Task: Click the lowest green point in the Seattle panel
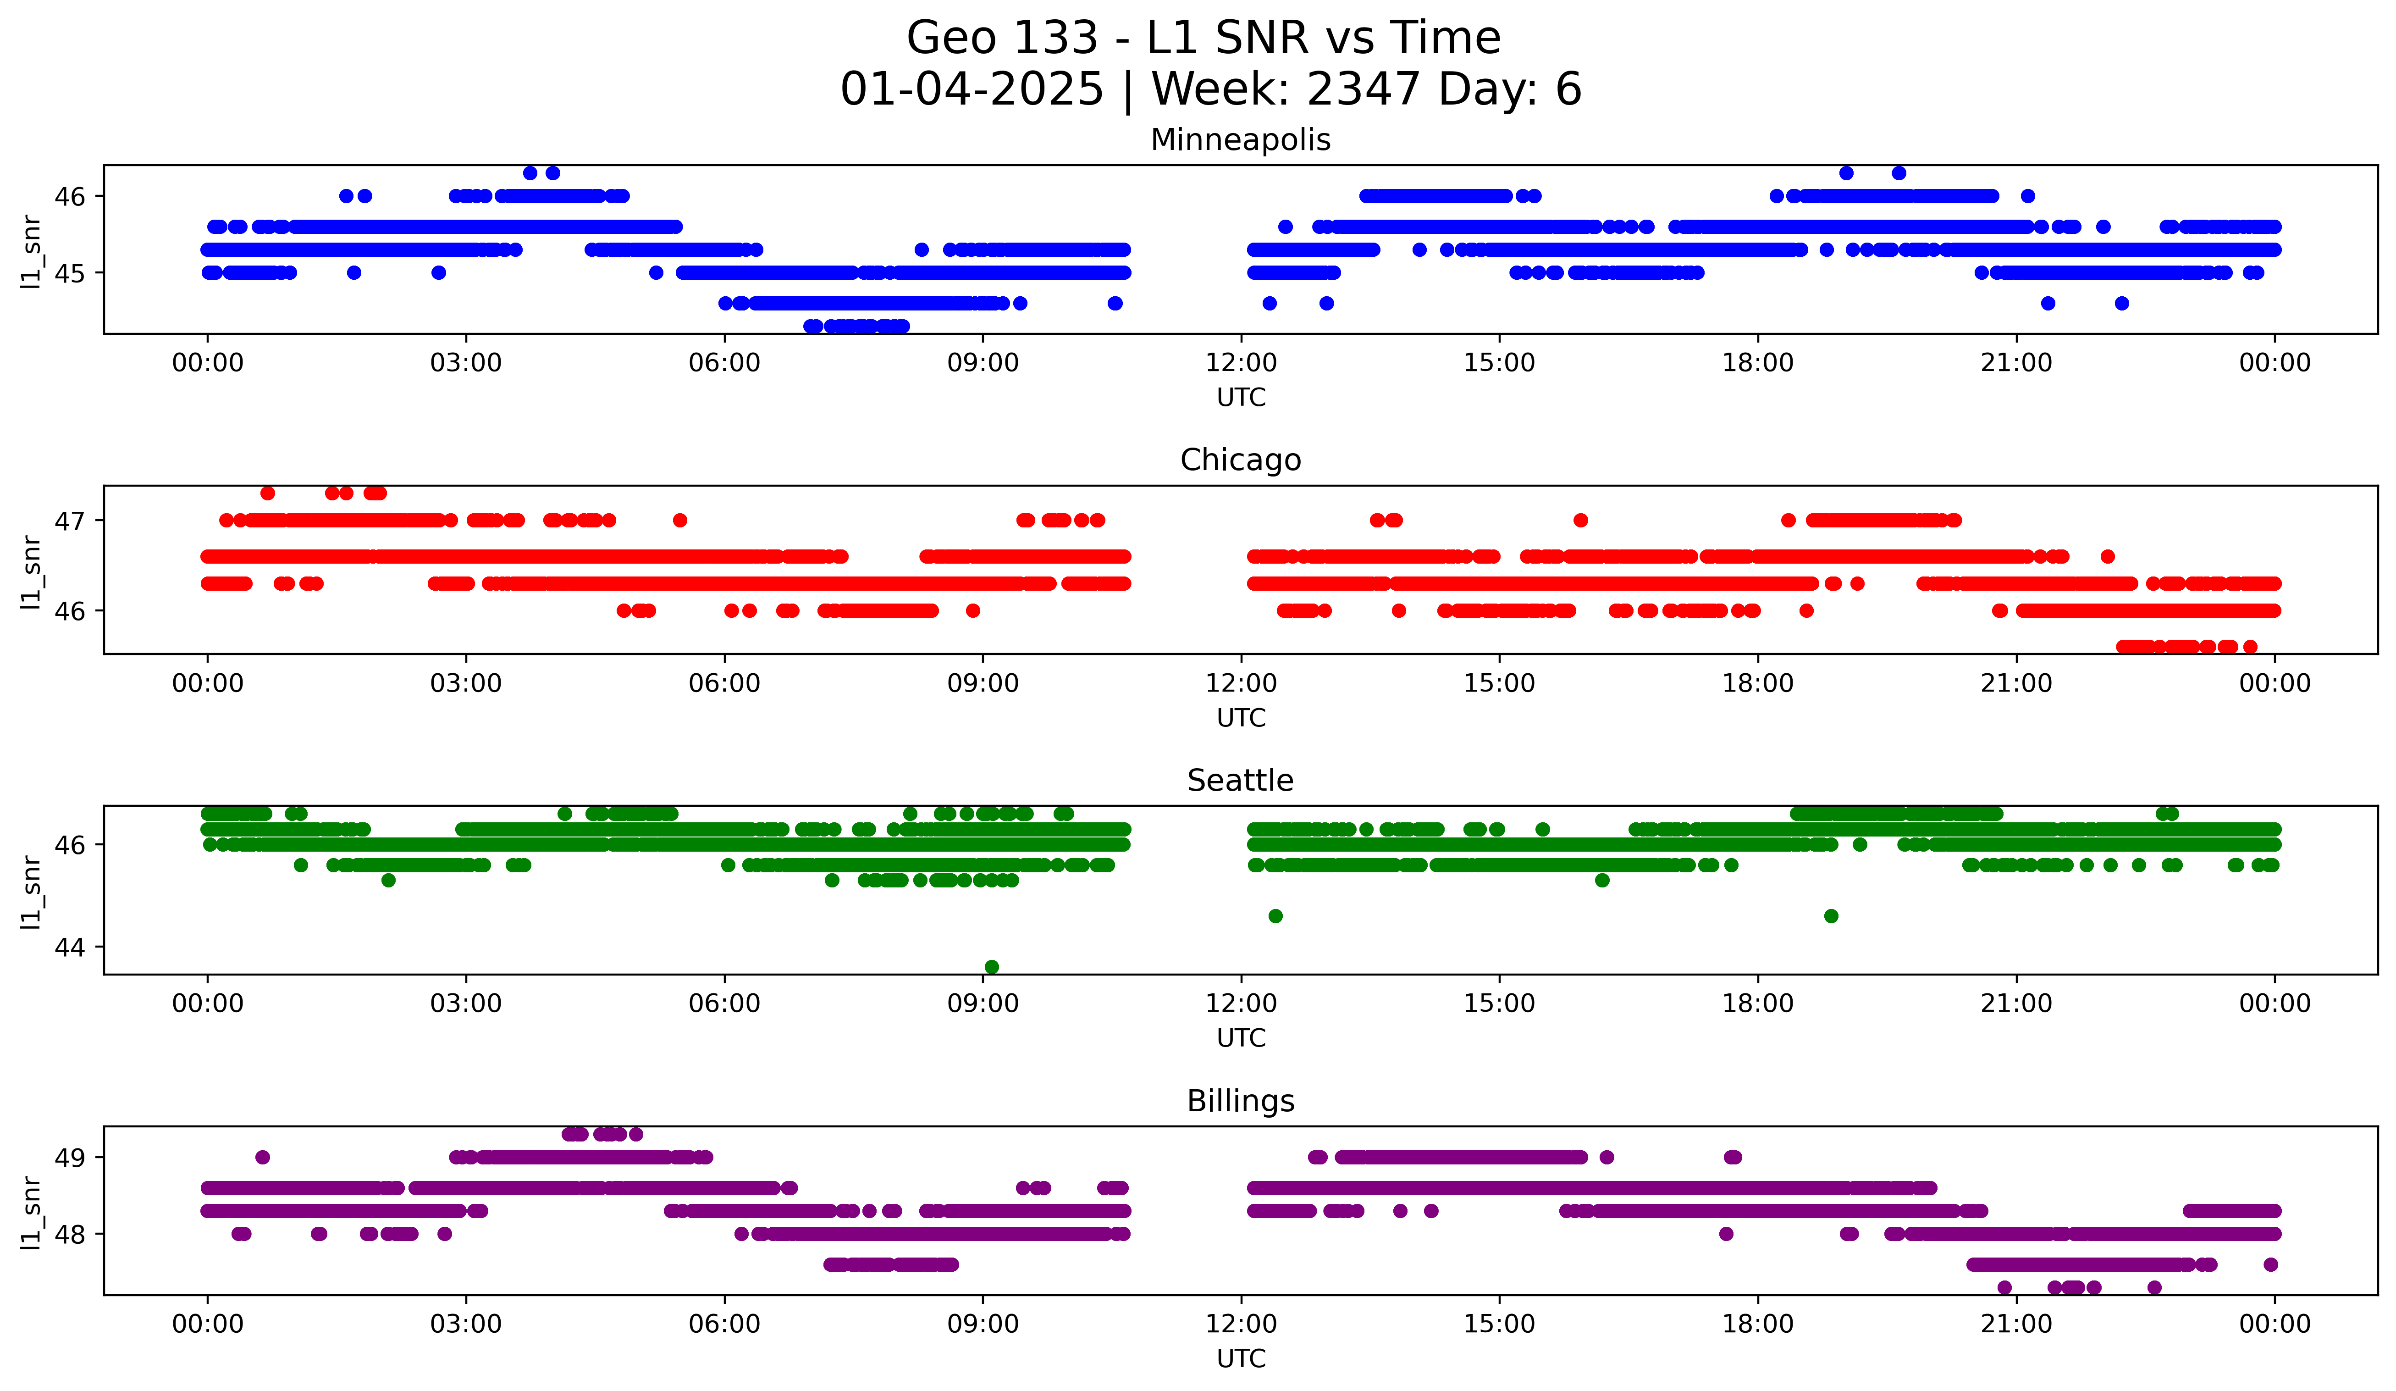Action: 992,967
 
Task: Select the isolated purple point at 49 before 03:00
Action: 263,1157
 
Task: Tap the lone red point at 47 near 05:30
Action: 680,520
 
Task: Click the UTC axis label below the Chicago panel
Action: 1241,718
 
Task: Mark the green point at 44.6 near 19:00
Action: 1831,915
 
